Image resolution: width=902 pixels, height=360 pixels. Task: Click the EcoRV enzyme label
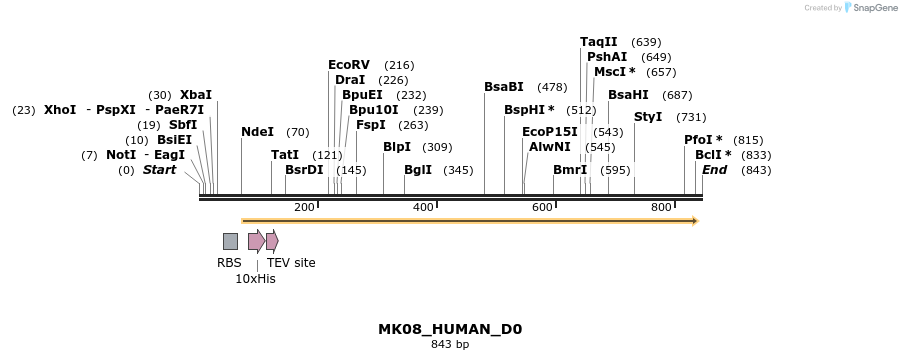(x=348, y=65)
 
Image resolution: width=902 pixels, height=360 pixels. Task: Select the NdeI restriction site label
(x=257, y=132)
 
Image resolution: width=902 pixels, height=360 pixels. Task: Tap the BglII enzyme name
(x=418, y=170)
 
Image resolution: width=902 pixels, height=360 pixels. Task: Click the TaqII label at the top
(x=598, y=42)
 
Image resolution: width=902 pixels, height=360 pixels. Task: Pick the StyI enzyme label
(x=648, y=117)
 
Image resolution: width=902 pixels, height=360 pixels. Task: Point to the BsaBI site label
(x=503, y=87)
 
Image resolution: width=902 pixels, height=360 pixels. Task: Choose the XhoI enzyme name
(x=60, y=110)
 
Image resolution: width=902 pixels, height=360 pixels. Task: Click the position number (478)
(x=552, y=87)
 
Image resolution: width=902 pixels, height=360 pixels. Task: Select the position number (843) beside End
(x=756, y=170)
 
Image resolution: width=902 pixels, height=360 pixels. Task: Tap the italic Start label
(x=159, y=170)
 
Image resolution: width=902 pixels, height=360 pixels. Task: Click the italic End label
(x=714, y=170)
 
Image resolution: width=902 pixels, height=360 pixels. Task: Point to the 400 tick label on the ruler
(x=423, y=207)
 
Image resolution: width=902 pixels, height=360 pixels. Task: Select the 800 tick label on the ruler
(x=661, y=207)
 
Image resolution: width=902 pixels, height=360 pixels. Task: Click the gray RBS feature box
(x=230, y=241)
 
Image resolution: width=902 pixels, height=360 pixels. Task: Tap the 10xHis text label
(x=255, y=279)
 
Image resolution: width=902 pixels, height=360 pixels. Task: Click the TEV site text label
(x=291, y=263)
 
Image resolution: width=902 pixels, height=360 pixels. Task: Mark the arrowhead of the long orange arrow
(x=693, y=220)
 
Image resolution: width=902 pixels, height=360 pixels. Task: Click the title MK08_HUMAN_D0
(x=450, y=329)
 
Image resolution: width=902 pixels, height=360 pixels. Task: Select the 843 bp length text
(x=450, y=345)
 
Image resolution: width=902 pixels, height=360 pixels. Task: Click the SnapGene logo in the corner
(x=871, y=8)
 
